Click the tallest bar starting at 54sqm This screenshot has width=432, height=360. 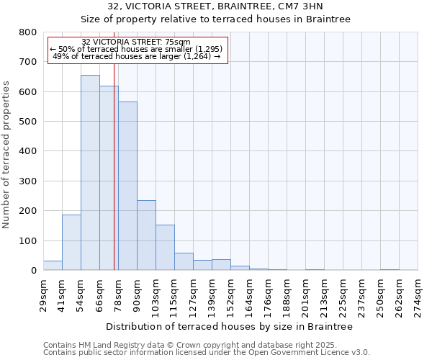(x=90, y=173)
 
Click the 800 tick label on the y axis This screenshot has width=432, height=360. (x=28, y=32)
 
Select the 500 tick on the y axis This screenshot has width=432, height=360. (x=28, y=122)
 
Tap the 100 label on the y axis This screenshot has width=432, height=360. (x=28, y=240)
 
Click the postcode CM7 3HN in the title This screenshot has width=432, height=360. (x=302, y=6)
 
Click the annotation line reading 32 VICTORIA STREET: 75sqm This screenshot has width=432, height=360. (x=136, y=42)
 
